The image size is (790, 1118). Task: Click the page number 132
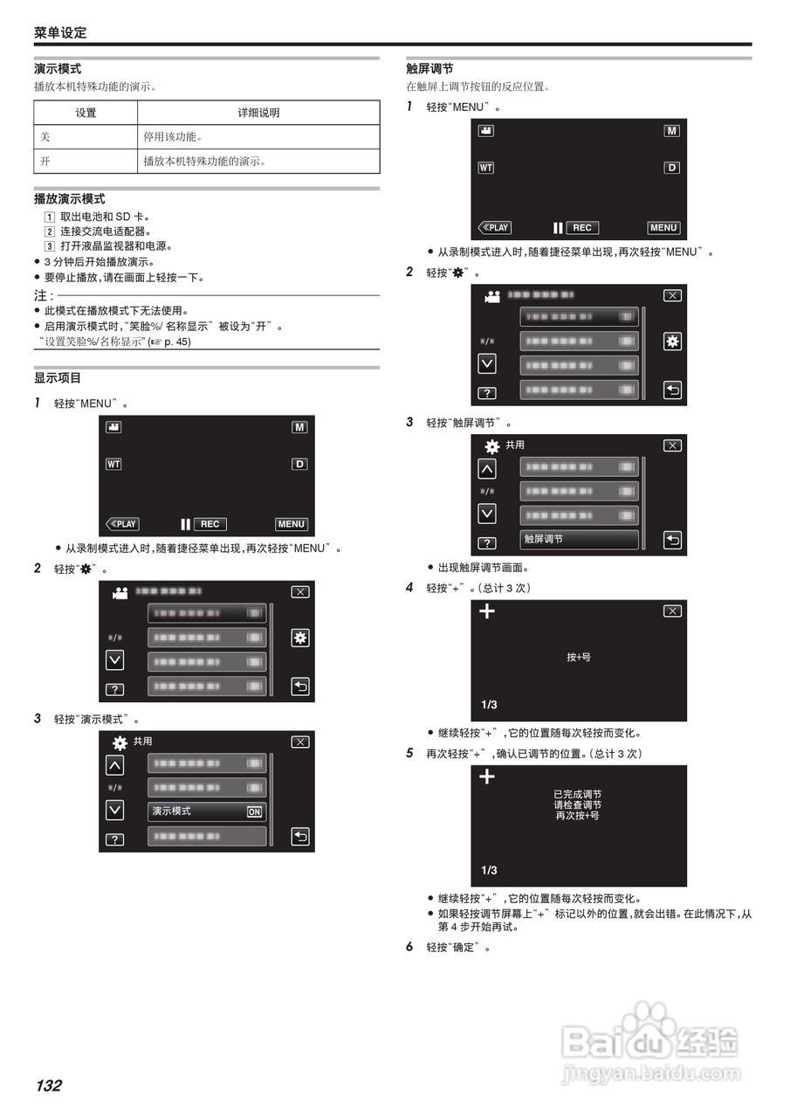[48, 1086]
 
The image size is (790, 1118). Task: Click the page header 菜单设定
[60, 32]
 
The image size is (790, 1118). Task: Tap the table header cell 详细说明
[258, 113]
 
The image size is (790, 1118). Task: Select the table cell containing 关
[45, 137]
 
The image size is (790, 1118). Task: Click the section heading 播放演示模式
[70, 199]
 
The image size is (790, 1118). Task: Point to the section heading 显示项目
[58, 378]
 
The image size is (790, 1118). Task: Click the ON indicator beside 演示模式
[254, 811]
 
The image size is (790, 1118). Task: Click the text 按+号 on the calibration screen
[579, 656]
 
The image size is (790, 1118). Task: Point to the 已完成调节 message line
[578, 794]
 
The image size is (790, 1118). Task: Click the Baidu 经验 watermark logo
[650, 1039]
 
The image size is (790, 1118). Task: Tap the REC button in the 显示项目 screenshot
[210, 524]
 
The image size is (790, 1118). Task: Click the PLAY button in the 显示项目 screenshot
[122, 524]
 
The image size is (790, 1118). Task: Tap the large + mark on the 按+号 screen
[487, 611]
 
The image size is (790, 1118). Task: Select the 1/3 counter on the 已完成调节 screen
[489, 870]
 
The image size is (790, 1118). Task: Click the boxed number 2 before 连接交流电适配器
[50, 231]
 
